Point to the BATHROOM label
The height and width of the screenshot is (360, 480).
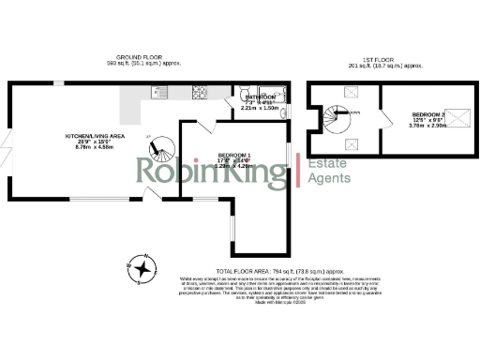click(x=258, y=97)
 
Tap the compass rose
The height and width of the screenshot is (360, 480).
click(x=142, y=268)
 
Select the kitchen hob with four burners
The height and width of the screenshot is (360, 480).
click(x=200, y=92)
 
